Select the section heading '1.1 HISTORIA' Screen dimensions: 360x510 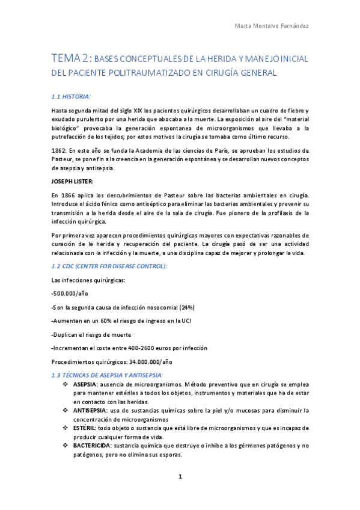[71, 96]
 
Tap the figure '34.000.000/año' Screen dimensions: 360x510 [150, 362]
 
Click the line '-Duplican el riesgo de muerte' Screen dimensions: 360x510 [91, 334]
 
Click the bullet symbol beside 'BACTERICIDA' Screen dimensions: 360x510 [66, 445]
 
